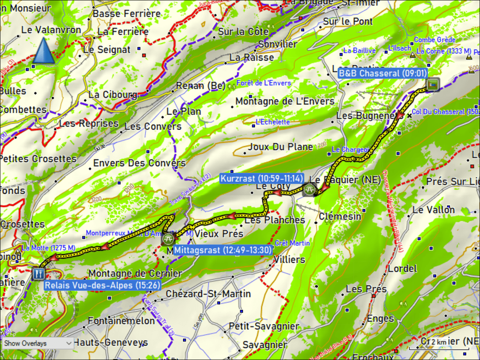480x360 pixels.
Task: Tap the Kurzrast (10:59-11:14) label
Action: (x=262, y=178)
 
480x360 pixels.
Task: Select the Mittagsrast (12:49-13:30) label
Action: (x=223, y=250)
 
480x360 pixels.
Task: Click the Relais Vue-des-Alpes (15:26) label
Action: (x=102, y=285)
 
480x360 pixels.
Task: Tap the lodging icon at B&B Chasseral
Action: (x=432, y=85)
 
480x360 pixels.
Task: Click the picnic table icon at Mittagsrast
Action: (x=168, y=239)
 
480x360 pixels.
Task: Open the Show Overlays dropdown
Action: (x=37, y=343)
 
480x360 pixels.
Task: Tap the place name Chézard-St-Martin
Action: (x=208, y=294)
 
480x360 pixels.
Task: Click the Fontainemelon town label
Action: (x=121, y=321)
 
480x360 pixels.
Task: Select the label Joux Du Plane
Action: (x=280, y=147)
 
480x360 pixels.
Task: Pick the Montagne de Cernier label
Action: (x=135, y=274)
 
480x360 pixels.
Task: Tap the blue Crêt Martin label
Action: (x=292, y=243)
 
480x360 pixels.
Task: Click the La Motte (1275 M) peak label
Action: (x=48, y=248)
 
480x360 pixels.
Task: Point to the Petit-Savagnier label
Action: (x=264, y=326)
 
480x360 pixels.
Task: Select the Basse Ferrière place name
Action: (x=126, y=14)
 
